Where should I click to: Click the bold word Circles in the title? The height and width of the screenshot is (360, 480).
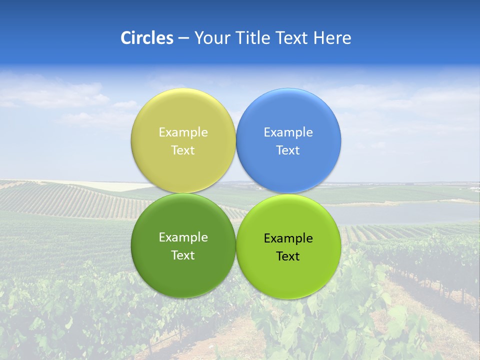(146, 38)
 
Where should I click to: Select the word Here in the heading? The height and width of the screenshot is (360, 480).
(332, 38)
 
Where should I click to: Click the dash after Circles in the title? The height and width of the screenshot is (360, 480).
(183, 38)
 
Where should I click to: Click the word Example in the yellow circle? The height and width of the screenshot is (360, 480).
(183, 132)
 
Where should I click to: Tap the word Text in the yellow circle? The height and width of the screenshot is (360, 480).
(183, 150)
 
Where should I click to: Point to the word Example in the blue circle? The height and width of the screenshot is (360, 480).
(288, 132)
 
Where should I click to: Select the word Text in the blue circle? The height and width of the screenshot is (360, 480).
(288, 150)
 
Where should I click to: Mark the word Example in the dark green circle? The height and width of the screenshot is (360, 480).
(183, 237)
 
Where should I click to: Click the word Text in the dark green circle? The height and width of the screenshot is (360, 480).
(183, 255)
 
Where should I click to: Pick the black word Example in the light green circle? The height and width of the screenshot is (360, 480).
(288, 238)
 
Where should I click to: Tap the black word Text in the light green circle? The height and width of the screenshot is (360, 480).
(288, 256)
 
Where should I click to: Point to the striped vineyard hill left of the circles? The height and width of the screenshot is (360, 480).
(75, 200)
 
